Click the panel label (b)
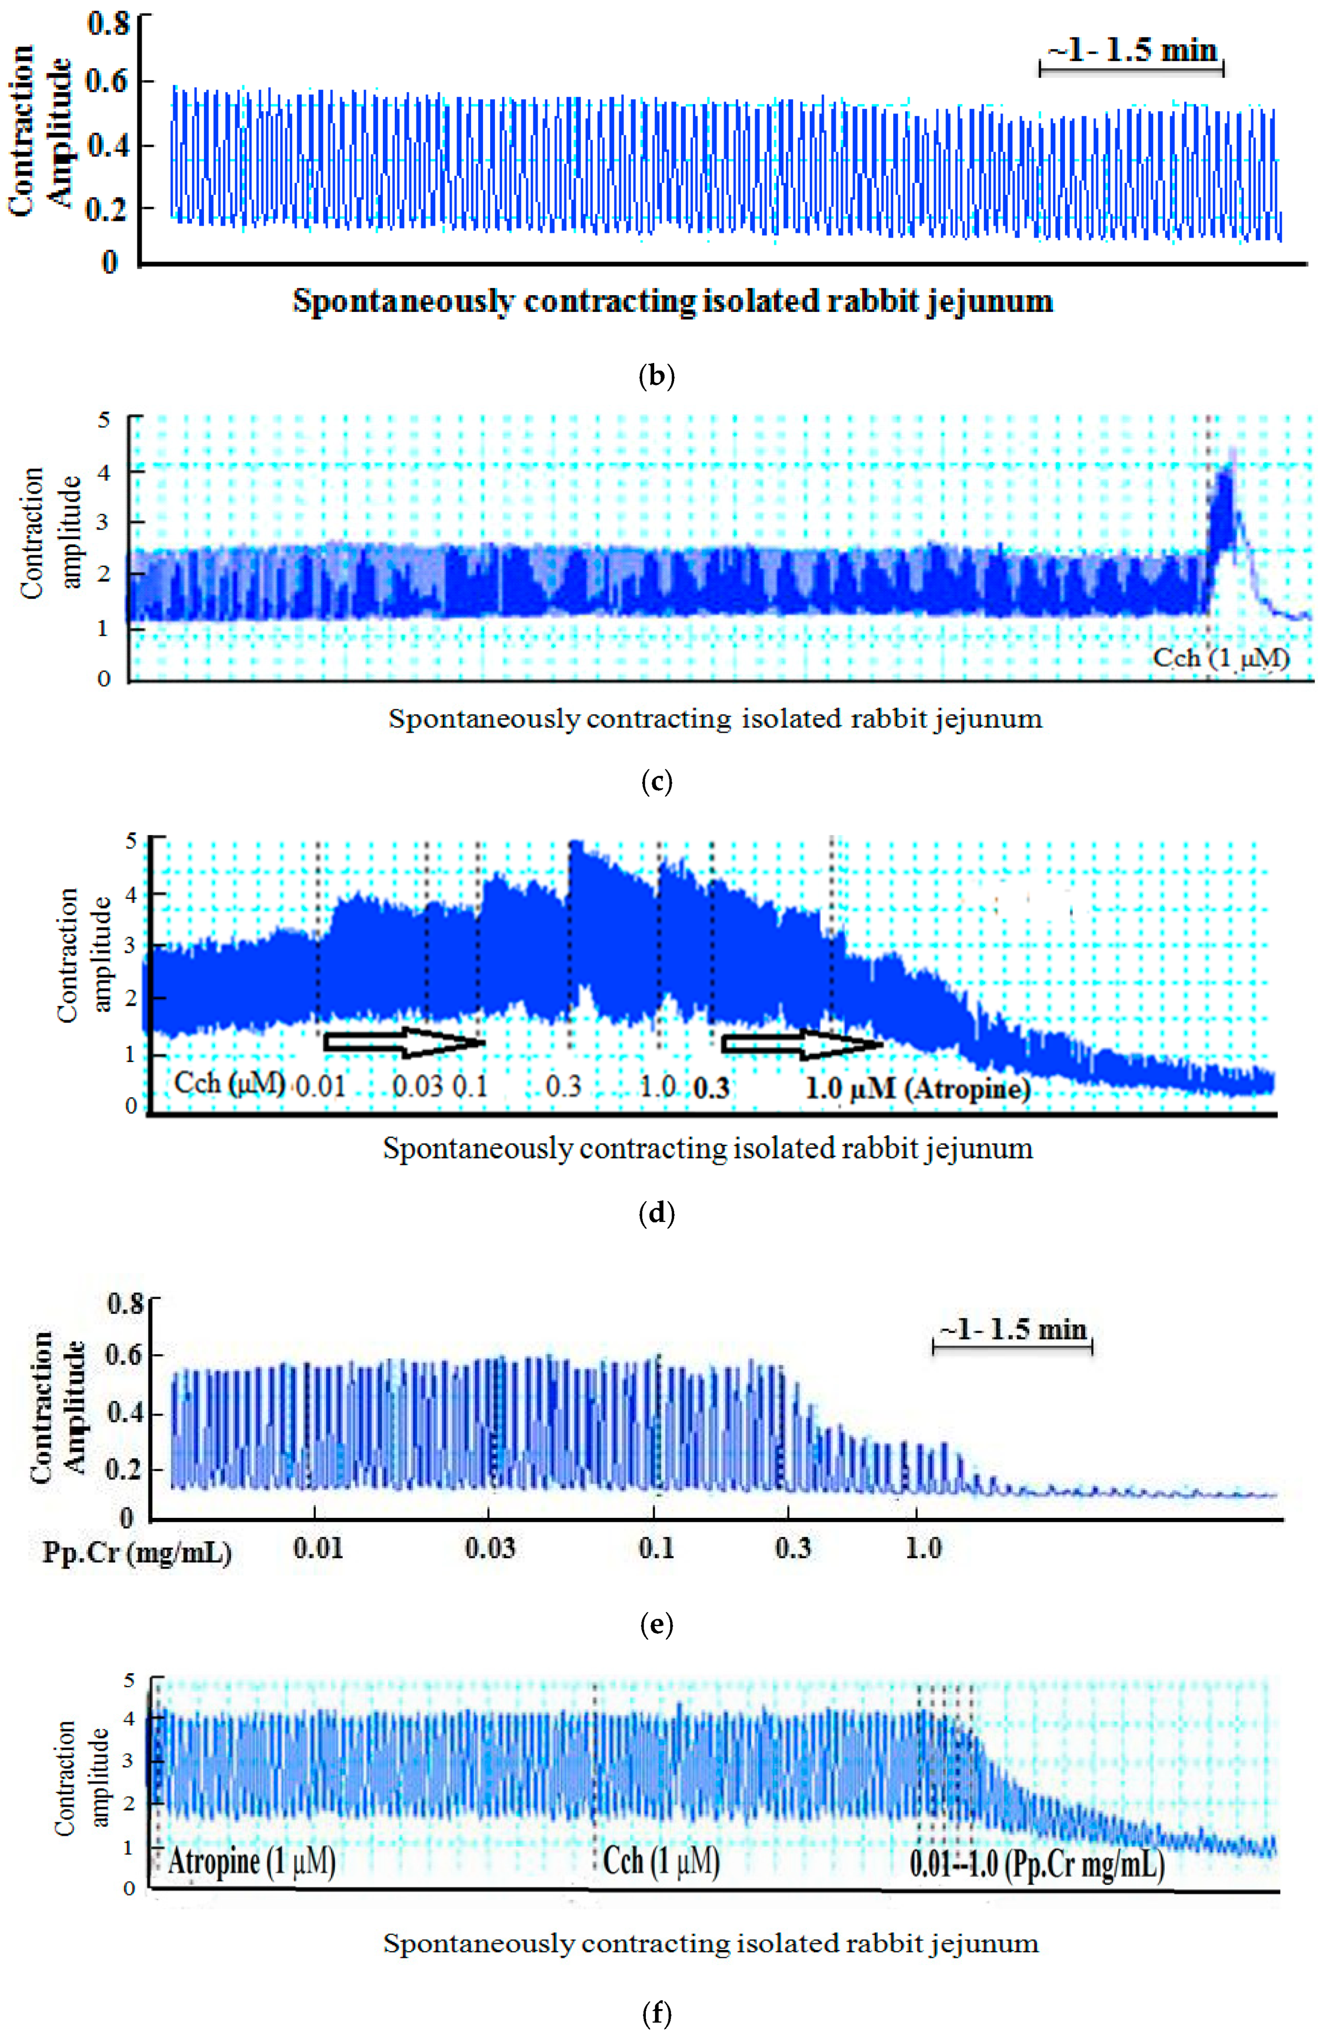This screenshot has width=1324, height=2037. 656,377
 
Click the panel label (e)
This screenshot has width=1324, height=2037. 656,1624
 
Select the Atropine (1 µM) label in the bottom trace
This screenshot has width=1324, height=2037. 251,1862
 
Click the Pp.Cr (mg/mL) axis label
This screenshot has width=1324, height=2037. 137,1551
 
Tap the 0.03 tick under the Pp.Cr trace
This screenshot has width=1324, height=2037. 491,1548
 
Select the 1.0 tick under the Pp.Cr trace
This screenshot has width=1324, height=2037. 923,1548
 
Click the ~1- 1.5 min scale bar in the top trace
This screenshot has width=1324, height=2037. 1131,68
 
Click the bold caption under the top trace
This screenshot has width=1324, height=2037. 673,301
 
